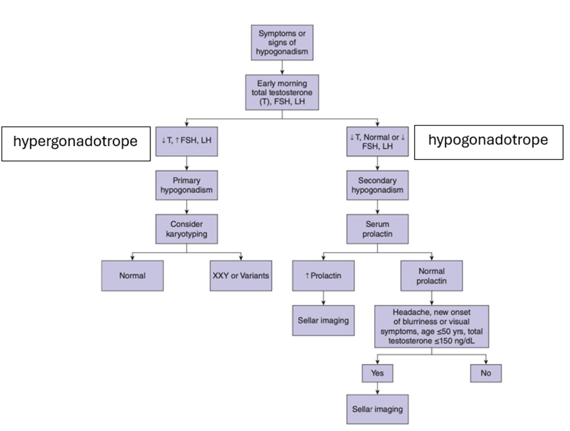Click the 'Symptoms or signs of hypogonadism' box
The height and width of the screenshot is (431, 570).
[282, 43]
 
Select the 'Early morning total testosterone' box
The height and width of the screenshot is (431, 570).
[282, 92]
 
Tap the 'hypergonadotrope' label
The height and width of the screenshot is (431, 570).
[76, 143]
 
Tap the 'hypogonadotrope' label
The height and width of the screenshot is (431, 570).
[489, 143]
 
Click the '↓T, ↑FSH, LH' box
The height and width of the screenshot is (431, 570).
[187, 141]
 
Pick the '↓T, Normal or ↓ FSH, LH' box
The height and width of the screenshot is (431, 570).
[378, 141]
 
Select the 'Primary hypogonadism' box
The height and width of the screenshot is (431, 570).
[187, 185]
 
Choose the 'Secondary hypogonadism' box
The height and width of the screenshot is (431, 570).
[378, 185]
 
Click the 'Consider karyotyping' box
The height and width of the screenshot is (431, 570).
[187, 228]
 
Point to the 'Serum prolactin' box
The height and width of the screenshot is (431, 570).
[378, 228]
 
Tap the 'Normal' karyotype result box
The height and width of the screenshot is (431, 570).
[132, 276]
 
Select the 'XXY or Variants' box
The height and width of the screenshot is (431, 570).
[241, 276]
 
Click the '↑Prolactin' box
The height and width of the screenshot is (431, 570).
[324, 276]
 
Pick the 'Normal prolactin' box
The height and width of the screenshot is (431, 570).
[432, 276]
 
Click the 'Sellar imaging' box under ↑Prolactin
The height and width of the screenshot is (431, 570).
[324, 320]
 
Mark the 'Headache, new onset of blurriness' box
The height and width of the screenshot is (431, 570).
[432, 326]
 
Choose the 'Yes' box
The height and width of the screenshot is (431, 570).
[378, 373]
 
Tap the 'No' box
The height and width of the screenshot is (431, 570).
[485, 373]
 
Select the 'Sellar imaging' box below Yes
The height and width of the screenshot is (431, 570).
[378, 409]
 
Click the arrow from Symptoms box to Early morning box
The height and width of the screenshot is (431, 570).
[282, 68]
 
